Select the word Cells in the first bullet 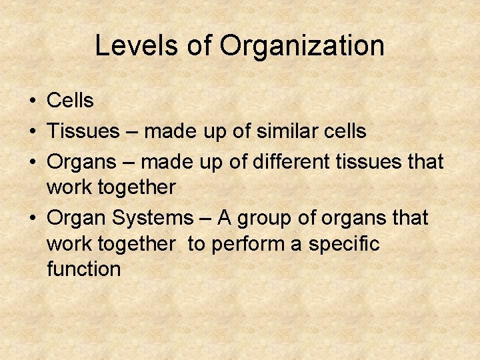click(70, 101)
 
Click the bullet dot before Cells click(32, 101)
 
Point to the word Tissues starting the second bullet click(81, 131)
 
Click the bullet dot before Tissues click(32, 131)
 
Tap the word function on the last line click(84, 269)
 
